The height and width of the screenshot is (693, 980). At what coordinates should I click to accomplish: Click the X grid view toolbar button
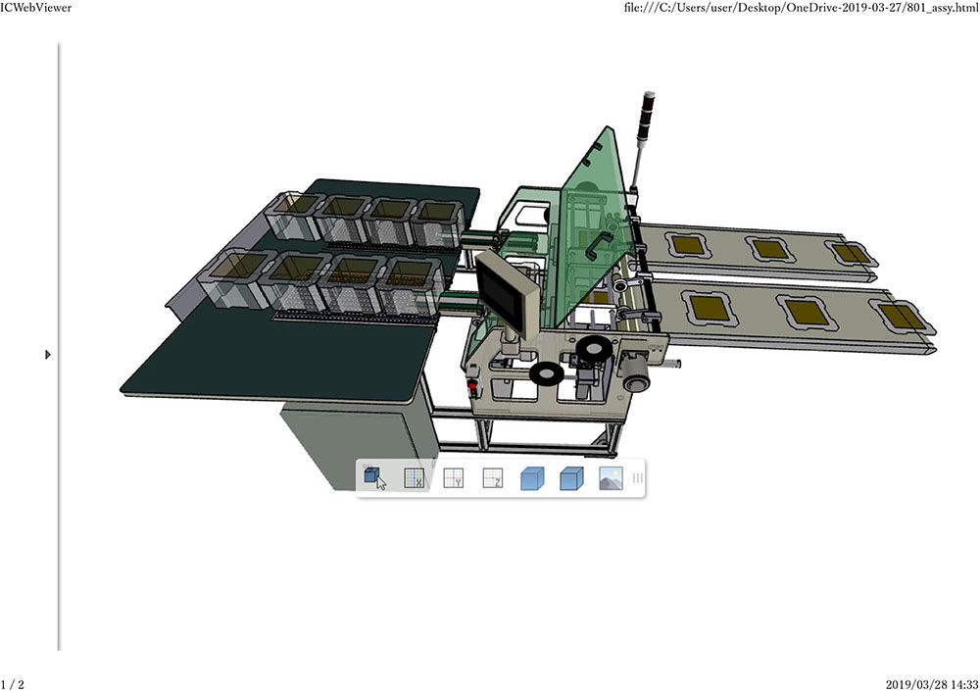414,478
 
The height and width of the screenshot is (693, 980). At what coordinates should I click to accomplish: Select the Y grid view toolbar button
453,478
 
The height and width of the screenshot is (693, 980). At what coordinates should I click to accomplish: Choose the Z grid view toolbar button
493,478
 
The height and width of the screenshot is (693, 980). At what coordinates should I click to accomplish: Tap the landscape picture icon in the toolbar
611,478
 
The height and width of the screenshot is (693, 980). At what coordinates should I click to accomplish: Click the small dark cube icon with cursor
373,478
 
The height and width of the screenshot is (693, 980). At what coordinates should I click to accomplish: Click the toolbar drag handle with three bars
638,478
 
